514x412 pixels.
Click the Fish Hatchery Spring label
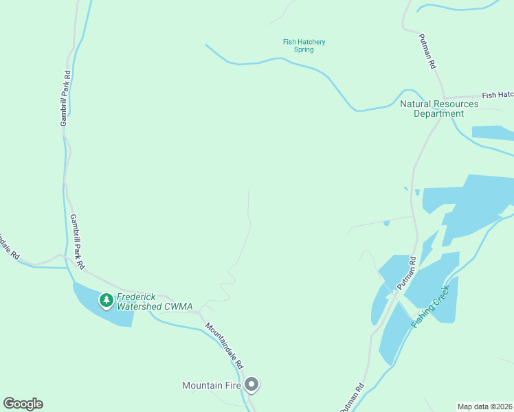pyautogui.click(x=304, y=46)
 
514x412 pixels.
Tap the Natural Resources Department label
pyautogui.click(x=439, y=108)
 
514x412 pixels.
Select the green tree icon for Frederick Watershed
pyautogui.click(x=106, y=300)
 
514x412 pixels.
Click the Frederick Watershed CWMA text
pyautogui.click(x=154, y=301)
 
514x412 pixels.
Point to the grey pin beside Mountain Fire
pyautogui.click(x=252, y=385)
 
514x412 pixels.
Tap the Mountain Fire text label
pyautogui.click(x=211, y=385)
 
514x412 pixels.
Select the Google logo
pyautogui.click(x=23, y=404)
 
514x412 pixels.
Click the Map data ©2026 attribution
pyautogui.click(x=485, y=406)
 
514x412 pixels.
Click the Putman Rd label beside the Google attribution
pyautogui.click(x=351, y=399)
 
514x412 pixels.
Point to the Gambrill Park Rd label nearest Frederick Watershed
pyautogui.click(x=77, y=241)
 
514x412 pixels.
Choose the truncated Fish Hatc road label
pyautogui.click(x=497, y=95)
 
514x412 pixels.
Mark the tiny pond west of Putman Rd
pyautogui.click(x=387, y=222)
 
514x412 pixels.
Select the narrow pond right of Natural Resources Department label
pyautogui.click(x=492, y=133)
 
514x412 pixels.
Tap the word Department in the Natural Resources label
pyautogui.click(x=438, y=114)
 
